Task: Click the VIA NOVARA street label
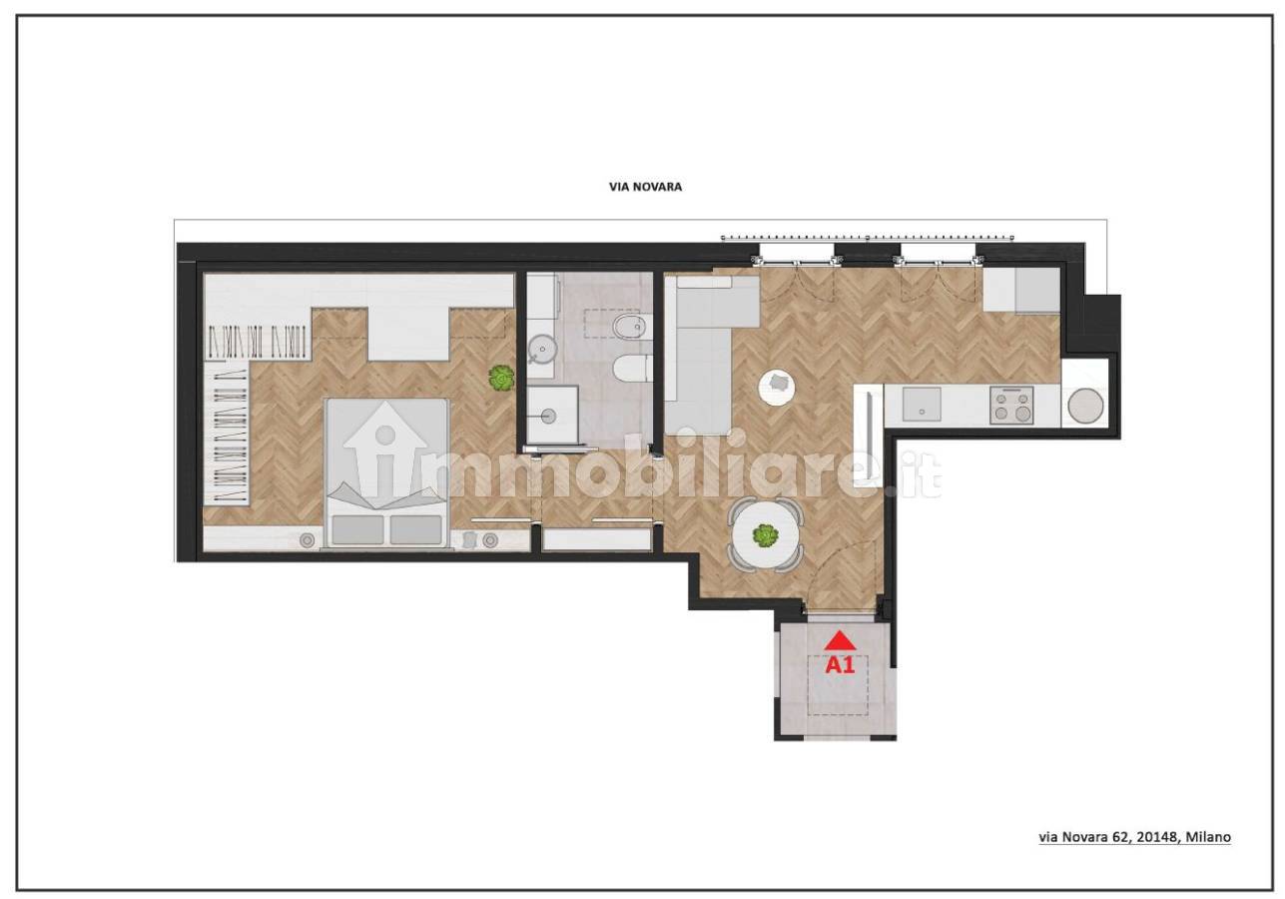tap(645, 187)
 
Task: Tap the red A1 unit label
tap(840, 665)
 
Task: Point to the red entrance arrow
tap(841, 640)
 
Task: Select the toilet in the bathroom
tap(632, 369)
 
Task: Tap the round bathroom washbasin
tap(542, 350)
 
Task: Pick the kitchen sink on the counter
tap(922, 405)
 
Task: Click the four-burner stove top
tap(1012, 406)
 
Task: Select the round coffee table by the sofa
tap(777, 387)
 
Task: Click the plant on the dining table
tap(765, 535)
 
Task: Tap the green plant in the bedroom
tap(501, 379)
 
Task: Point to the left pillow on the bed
tap(358, 529)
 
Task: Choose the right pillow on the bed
tap(416, 529)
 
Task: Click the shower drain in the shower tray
tap(548, 416)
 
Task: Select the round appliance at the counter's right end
tap(1085, 406)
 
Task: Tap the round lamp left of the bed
tap(308, 539)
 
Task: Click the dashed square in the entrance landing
tap(838, 685)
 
